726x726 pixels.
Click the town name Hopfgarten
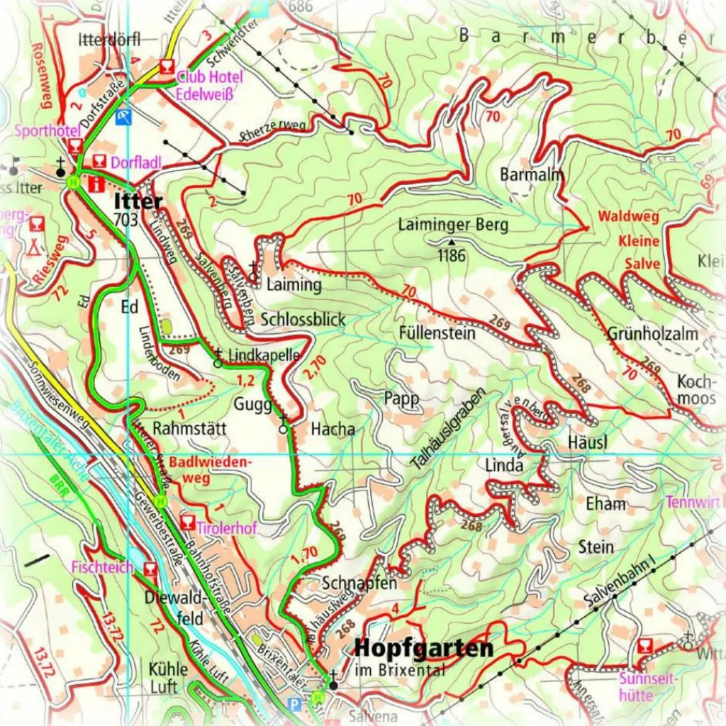423,649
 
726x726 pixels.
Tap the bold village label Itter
138,202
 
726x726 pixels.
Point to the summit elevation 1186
451,255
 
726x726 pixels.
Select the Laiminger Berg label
453,225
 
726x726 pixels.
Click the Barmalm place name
531,174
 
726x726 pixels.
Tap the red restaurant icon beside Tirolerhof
188,523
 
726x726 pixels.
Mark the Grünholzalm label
652,333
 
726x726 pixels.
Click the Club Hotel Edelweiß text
210,83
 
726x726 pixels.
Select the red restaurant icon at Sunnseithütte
645,646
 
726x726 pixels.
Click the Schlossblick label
303,319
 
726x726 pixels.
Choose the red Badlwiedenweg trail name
211,469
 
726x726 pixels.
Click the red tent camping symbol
33,246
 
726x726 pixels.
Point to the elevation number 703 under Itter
125,220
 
